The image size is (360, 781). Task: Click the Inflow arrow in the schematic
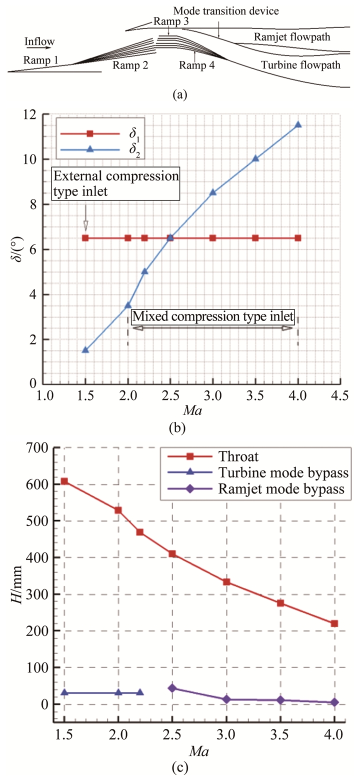point(38,48)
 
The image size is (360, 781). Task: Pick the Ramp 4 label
point(196,65)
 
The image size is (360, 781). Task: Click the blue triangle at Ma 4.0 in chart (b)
point(298,124)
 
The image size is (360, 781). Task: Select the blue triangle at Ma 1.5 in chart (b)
point(85,350)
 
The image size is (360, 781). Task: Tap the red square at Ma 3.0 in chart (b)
point(213,238)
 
